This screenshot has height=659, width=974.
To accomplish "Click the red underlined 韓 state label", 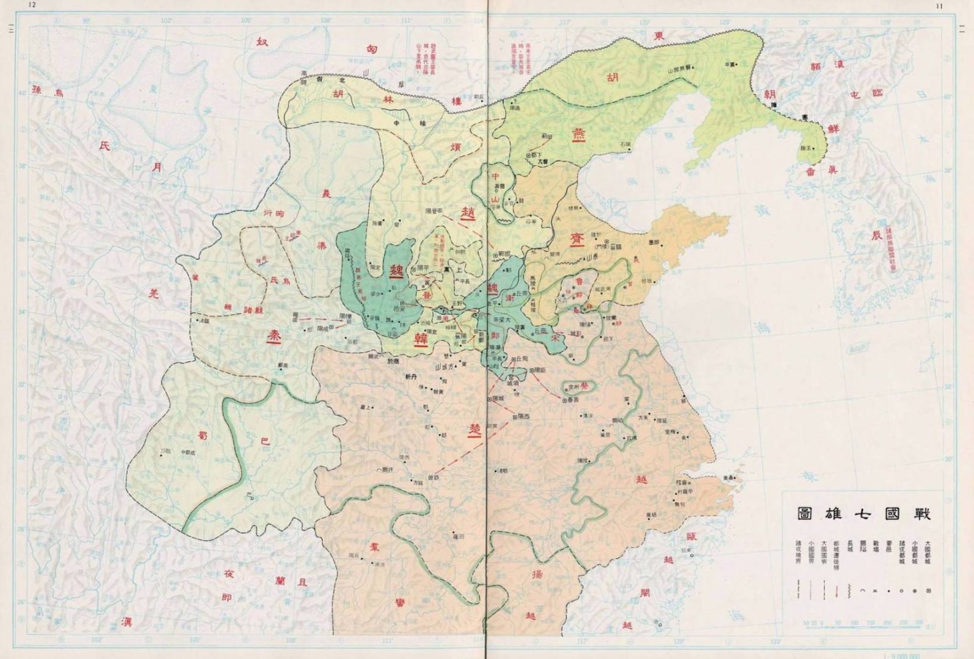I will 421,339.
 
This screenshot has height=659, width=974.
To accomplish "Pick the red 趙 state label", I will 468,212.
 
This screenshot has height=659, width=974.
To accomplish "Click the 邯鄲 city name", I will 504,253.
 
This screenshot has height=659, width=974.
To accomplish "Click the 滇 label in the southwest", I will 126,621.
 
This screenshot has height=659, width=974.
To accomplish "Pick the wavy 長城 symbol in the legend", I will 849,591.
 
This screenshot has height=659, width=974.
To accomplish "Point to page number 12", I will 33,5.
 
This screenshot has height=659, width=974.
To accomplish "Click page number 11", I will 939,5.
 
